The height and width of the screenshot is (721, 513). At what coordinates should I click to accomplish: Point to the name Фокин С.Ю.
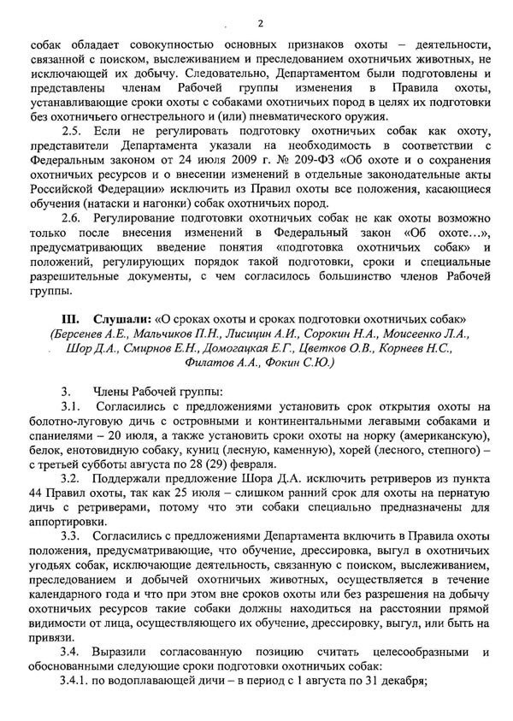(303, 379)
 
